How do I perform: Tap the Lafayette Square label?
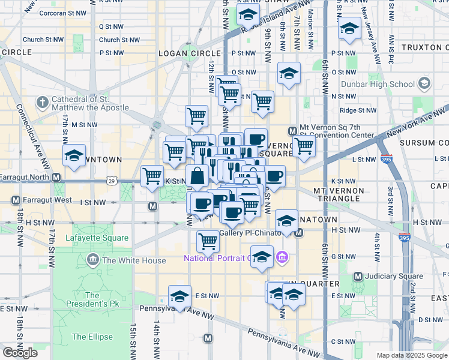[101, 238]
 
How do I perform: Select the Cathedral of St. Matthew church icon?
[42, 103]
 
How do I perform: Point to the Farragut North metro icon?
[56, 178]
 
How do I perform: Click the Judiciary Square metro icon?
[358, 277]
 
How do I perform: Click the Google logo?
[20, 352]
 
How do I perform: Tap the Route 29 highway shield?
[111, 180]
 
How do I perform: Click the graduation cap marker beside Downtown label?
[74, 156]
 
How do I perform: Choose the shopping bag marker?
[197, 176]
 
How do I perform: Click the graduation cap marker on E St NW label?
[179, 296]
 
